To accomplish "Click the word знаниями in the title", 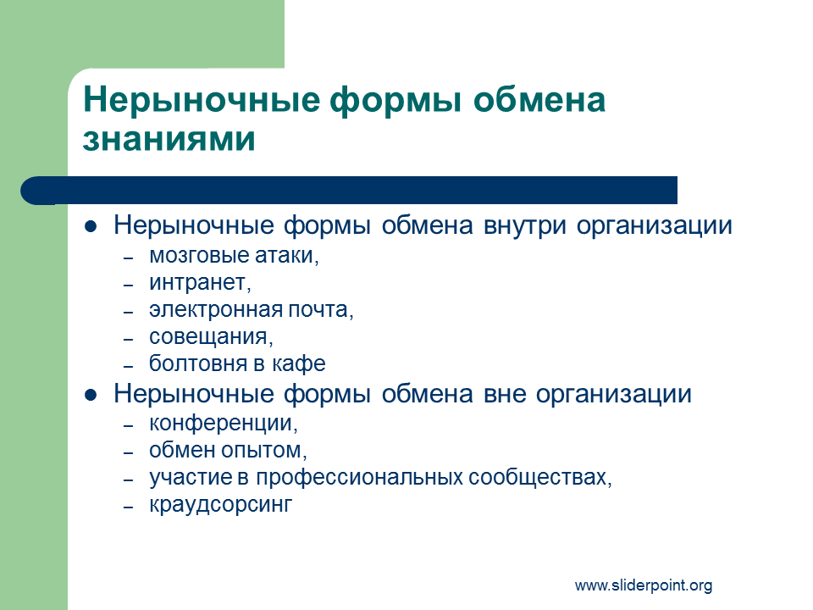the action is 169,138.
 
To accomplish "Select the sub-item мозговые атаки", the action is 234,255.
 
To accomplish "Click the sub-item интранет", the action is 200,283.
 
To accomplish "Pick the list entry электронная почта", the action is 252,310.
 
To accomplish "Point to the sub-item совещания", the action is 211,337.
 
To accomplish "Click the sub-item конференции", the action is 224,424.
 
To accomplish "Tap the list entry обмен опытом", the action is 228,450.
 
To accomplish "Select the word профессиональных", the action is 359,478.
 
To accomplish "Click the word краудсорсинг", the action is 221,505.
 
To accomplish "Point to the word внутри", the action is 525,226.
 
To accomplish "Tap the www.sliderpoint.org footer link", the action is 644,585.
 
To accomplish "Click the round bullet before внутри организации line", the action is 91,227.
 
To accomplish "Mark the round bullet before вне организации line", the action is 91,396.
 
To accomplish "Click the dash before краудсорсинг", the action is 129,507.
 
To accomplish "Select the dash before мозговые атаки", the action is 129,258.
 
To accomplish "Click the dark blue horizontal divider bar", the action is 349,191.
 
